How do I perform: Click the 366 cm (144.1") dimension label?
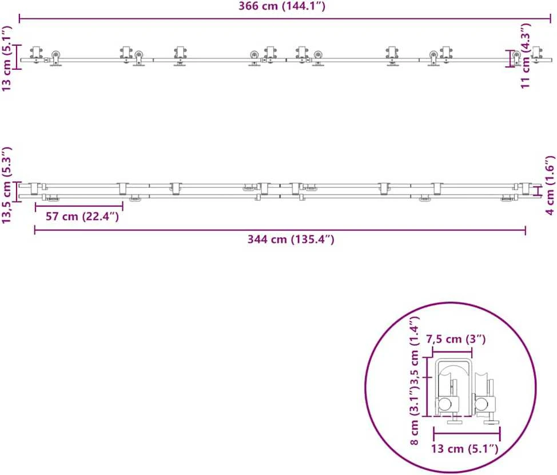[x=282, y=6]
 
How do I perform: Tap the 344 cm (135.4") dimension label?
[x=291, y=239]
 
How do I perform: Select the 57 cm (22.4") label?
[x=82, y=216]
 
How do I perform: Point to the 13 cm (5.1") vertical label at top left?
[x=6, y=58]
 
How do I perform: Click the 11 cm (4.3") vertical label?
[x=526, y=56]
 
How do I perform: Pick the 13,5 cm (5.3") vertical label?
[x=6, y=185]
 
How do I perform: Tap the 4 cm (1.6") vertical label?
[x=550, y=185]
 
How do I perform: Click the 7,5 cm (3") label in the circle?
[x=456, y=339]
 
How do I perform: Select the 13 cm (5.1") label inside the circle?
[x=464, y=449]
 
